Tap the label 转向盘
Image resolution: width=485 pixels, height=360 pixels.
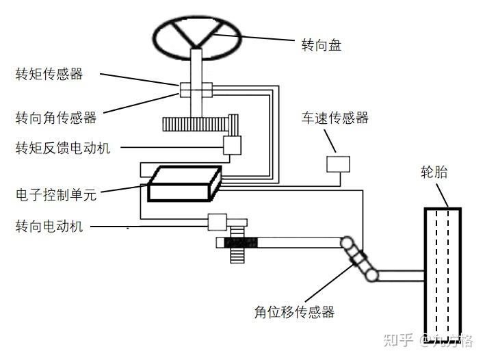tap(322, 47)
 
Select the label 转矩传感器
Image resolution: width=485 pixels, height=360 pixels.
tap(49, 74)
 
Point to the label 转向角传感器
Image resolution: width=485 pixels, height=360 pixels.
tap(55, 118)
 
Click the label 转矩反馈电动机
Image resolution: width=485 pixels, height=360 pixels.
tap(62, 148)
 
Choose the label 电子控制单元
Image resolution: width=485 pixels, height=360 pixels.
tap(56, 195)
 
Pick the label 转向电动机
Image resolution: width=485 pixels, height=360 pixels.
tap(49, 226)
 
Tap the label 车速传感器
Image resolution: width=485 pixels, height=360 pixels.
tap(336, 118)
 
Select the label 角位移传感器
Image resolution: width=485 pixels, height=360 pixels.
tap(294, 312)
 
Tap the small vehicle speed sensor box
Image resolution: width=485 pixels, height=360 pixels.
tap(338, 164)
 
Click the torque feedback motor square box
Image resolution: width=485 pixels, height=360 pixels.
tap(233, 144)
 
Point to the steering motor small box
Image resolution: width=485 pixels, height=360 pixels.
tap(217, 221)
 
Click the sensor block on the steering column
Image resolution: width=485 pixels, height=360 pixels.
tap(196, 90)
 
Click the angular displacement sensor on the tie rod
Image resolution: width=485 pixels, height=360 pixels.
tap(360, 259)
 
